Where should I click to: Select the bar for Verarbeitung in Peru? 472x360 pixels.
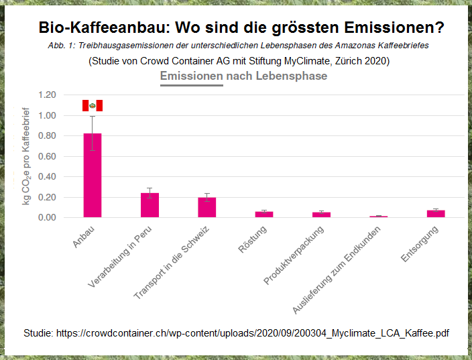[x=150, y=205]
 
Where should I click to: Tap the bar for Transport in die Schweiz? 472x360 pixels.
[x=207, y=207]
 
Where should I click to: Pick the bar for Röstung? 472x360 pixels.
[x=264, y=214]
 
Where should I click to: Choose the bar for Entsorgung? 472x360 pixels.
[x=436, y=213]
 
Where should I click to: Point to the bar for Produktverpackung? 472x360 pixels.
[x=321, y=215]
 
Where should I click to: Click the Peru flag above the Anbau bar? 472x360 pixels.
[x=93, y=105]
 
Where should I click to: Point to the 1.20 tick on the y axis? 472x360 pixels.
[x=49, y=95]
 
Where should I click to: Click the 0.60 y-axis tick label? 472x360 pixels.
[x=49, y=156]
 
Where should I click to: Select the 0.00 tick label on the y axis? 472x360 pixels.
[x=49, y=218]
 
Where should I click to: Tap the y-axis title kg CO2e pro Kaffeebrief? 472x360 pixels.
[x=27, y=156]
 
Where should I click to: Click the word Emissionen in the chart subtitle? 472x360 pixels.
[x=191, y=76]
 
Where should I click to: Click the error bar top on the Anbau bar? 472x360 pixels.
[x=93, y=117]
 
